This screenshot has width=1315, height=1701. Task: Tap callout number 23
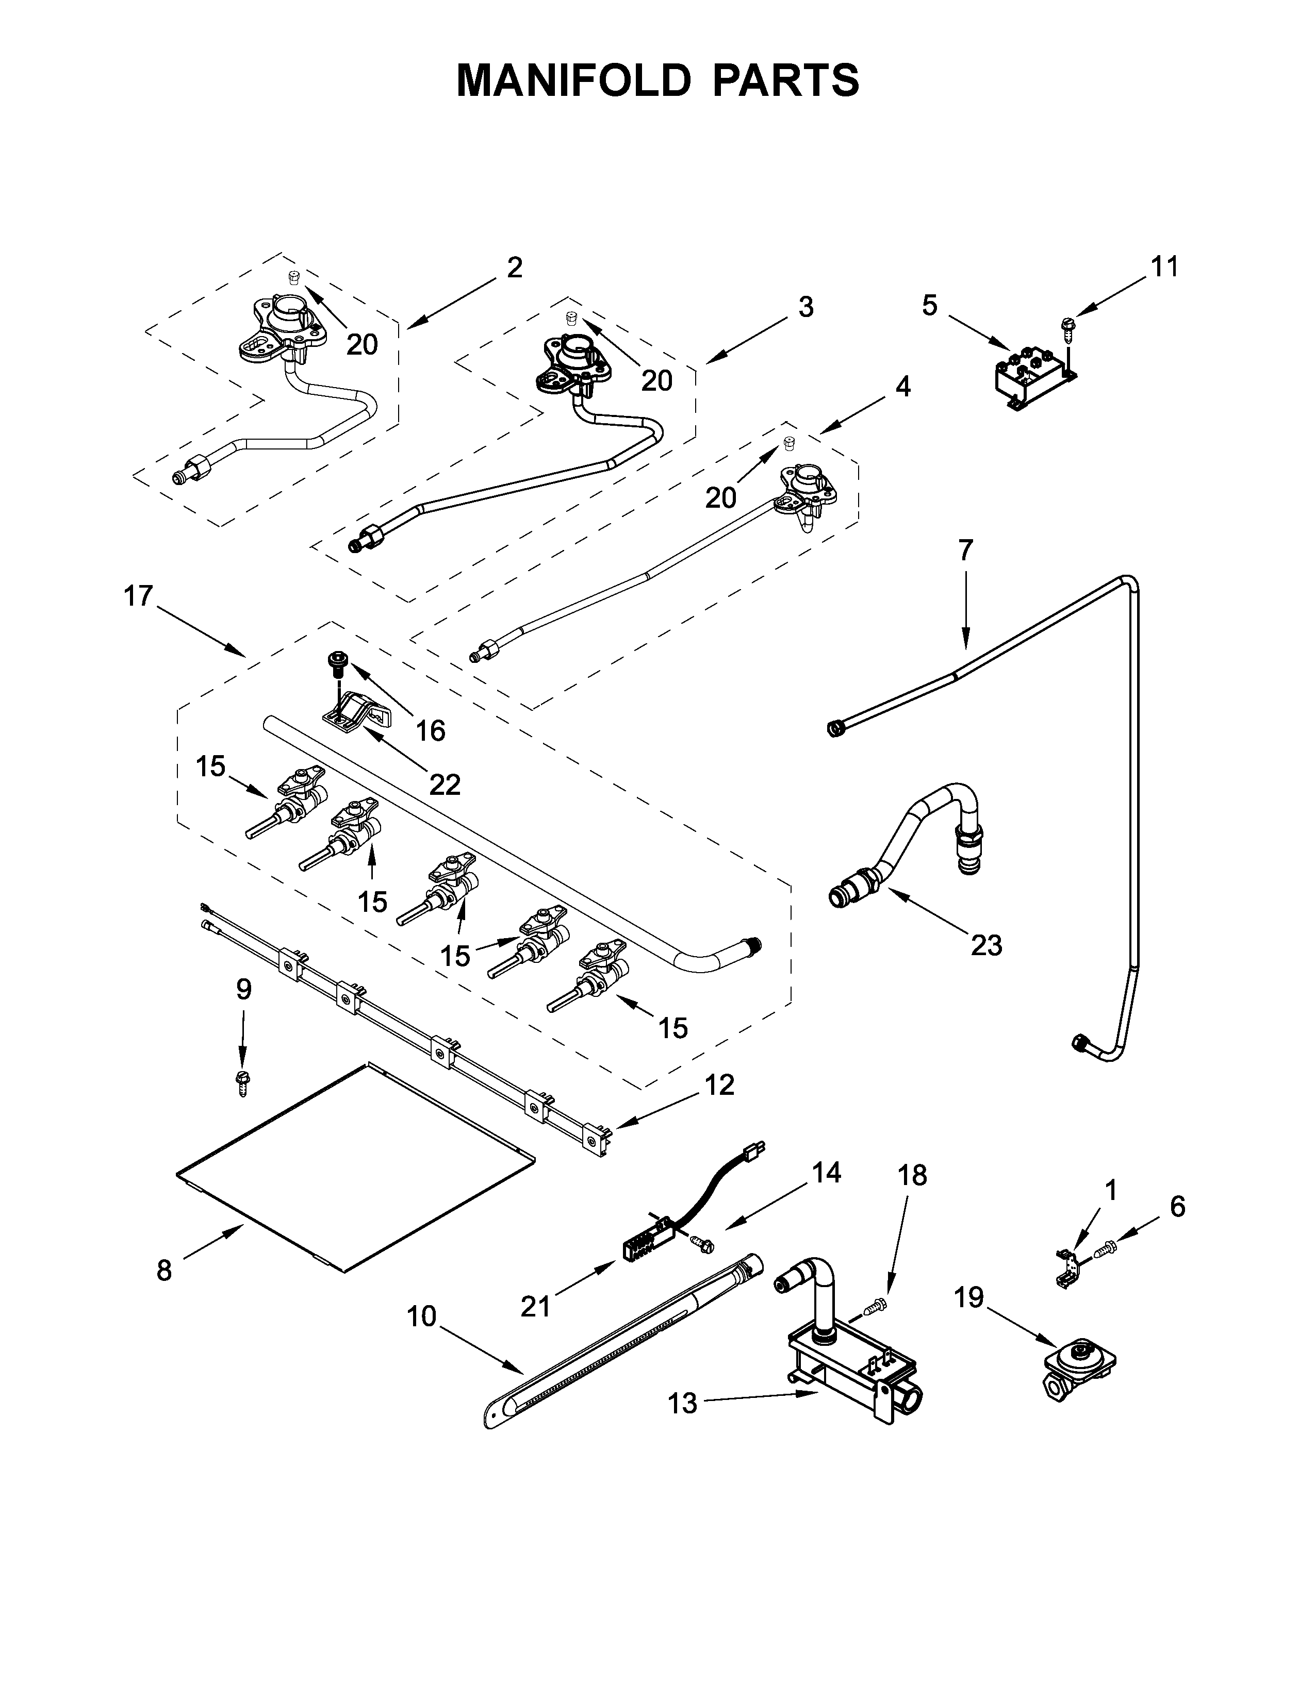985,945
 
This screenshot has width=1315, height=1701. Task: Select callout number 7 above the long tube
965,551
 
